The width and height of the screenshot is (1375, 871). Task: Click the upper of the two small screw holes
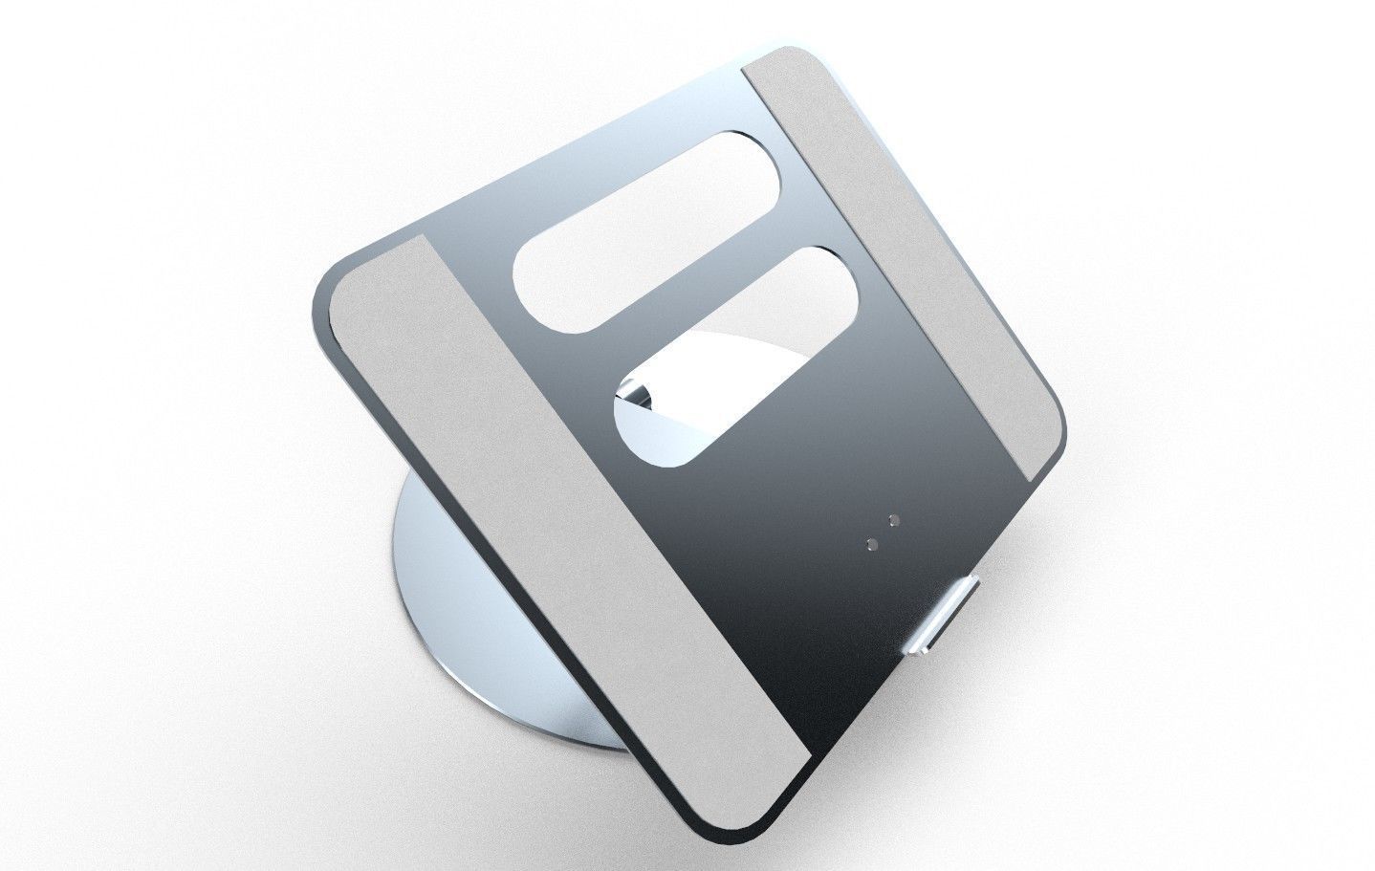click(895, 521)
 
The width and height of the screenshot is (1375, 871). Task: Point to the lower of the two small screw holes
click(871, 543)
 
